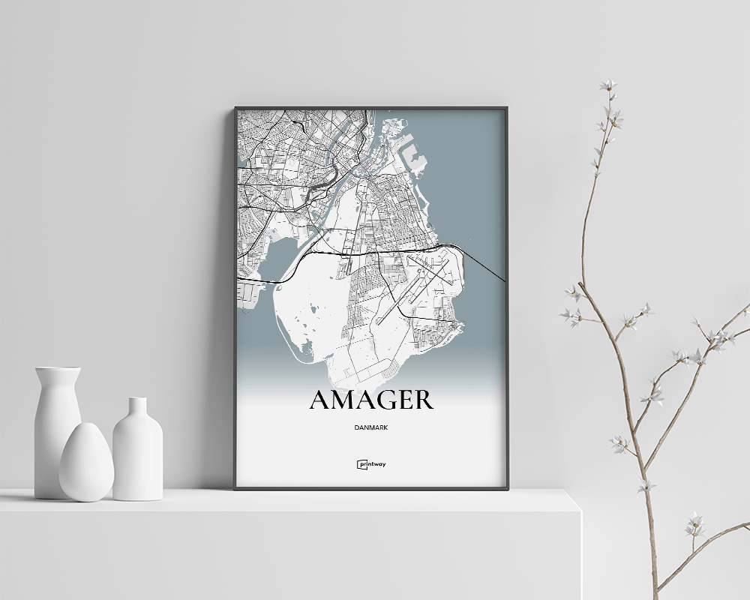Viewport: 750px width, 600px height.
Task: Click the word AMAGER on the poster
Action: (370, 400)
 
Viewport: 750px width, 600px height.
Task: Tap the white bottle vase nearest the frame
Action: (137, 454)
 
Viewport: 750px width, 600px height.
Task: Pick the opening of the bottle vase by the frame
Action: (137, 400)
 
